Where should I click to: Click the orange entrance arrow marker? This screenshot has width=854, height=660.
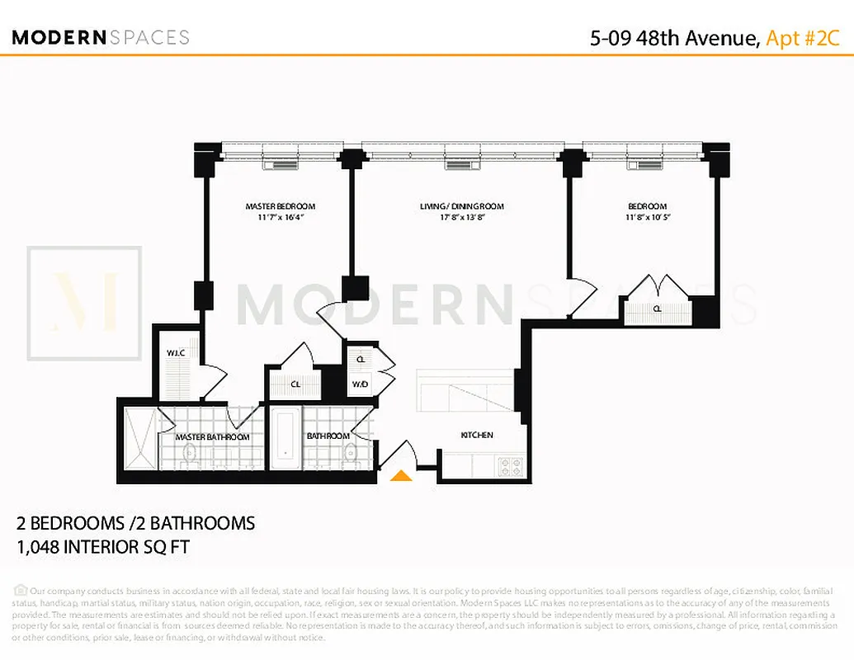(x=401, y=475)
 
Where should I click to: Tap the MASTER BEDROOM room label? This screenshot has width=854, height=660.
(x=280, y=206)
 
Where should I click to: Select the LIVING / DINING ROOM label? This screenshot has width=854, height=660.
(x=461, y=206)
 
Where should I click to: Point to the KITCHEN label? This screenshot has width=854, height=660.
(x=476, y=435)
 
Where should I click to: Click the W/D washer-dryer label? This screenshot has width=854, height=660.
(x=361, y=384)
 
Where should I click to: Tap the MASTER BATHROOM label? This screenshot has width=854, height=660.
(x=212, y=436)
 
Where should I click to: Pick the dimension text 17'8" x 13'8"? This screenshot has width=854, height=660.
(x=461, y=218)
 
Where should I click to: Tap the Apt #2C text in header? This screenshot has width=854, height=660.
(x=803, y=38)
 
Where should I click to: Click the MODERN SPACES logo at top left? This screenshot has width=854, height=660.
(x=101, y=37)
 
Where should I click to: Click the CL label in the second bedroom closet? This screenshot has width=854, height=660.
(x=657, y=309)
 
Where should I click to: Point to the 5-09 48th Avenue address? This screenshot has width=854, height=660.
(x=673, y=38)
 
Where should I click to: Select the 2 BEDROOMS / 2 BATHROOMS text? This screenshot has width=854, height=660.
(x=136, y=523)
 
